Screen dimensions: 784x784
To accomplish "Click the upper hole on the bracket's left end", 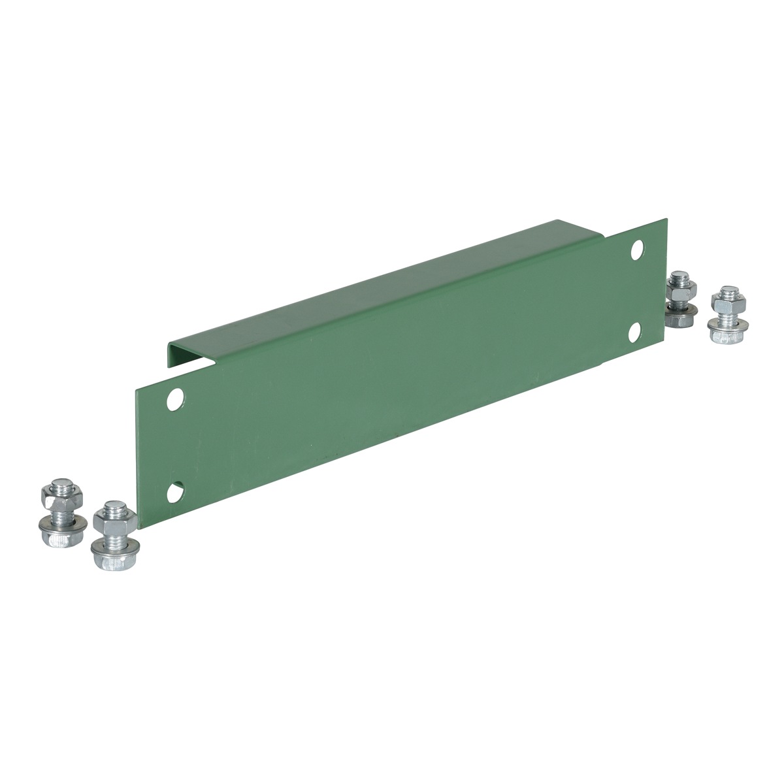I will [174, 397].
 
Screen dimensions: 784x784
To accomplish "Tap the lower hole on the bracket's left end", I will [174, 491].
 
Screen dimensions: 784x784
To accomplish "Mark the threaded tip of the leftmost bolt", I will [55, 487].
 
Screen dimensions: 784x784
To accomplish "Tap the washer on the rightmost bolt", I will [727, 320].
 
